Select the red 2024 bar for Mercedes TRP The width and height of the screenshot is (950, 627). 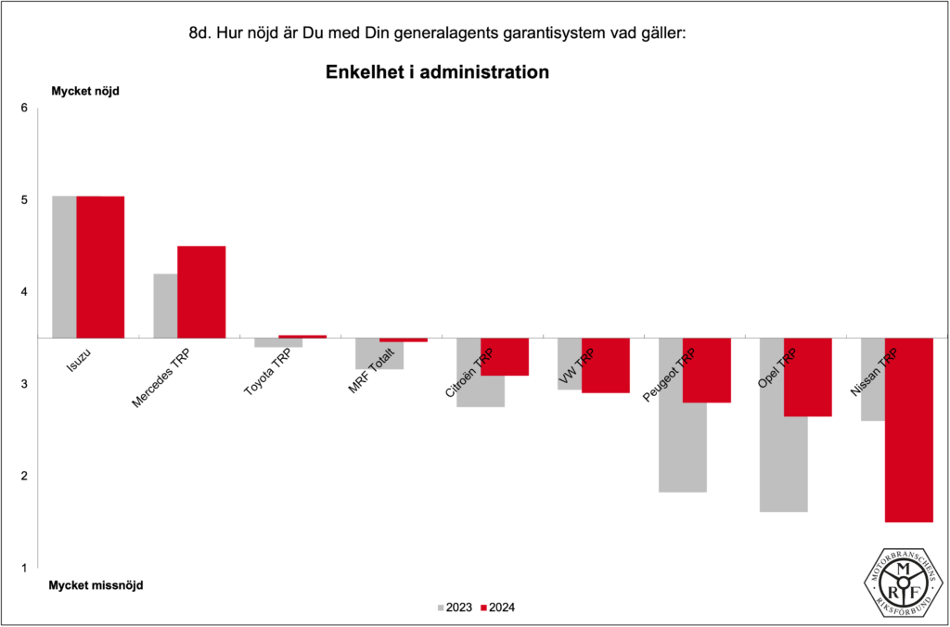click(201, 291)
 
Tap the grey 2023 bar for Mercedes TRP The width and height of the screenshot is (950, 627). click(165, 306)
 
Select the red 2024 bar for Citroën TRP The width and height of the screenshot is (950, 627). click(505, 357)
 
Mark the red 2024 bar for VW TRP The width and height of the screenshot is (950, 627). click(606, 365)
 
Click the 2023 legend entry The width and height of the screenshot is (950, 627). click(454, 608)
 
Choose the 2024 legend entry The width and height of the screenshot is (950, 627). click(497, 608)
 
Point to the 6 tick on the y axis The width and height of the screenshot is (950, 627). click(24, 109)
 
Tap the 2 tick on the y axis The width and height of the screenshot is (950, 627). click(24, 476)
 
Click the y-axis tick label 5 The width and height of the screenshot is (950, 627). click(24, 200)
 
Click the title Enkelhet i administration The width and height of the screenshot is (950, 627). click(437, 72)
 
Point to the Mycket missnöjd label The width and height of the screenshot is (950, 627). click(96, 585)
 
